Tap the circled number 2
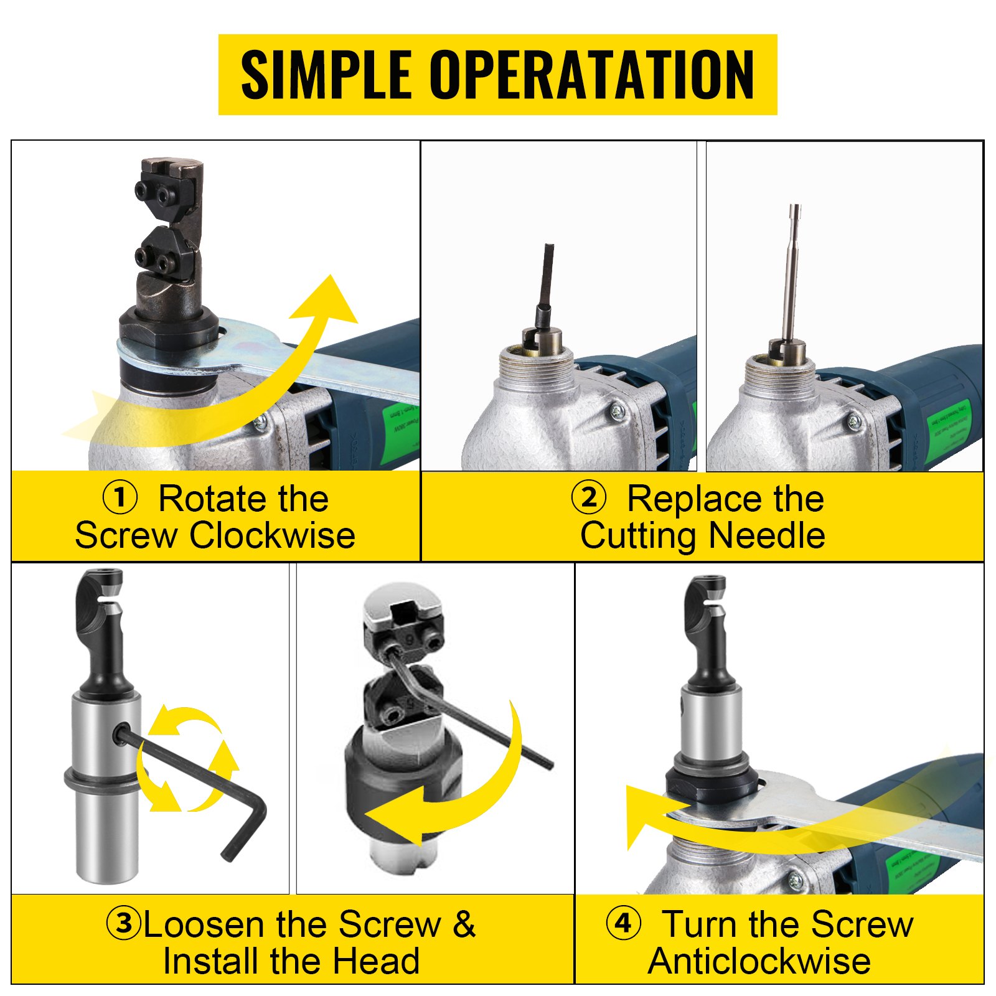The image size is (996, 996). [x=588, y=498]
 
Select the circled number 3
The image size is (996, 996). [x=124, y=923]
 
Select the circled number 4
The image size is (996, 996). [x=623, y=923]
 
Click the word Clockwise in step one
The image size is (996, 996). [x=273, y=535]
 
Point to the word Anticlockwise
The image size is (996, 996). [x=759, y=961]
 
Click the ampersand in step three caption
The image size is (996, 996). [x=464, y=923]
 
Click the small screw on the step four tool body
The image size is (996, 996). [x=795, y=880]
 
